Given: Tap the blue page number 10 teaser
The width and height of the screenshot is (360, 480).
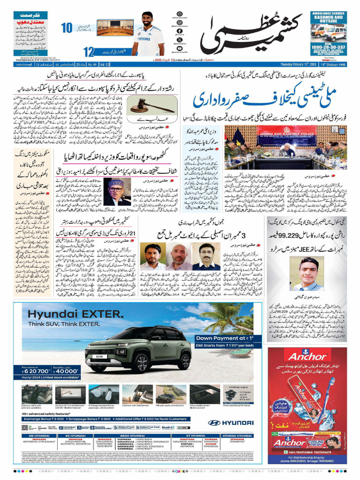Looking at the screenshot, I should [x=66, y=28].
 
